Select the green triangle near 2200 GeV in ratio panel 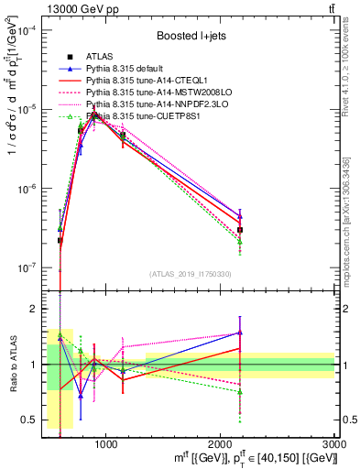(240, 392)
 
